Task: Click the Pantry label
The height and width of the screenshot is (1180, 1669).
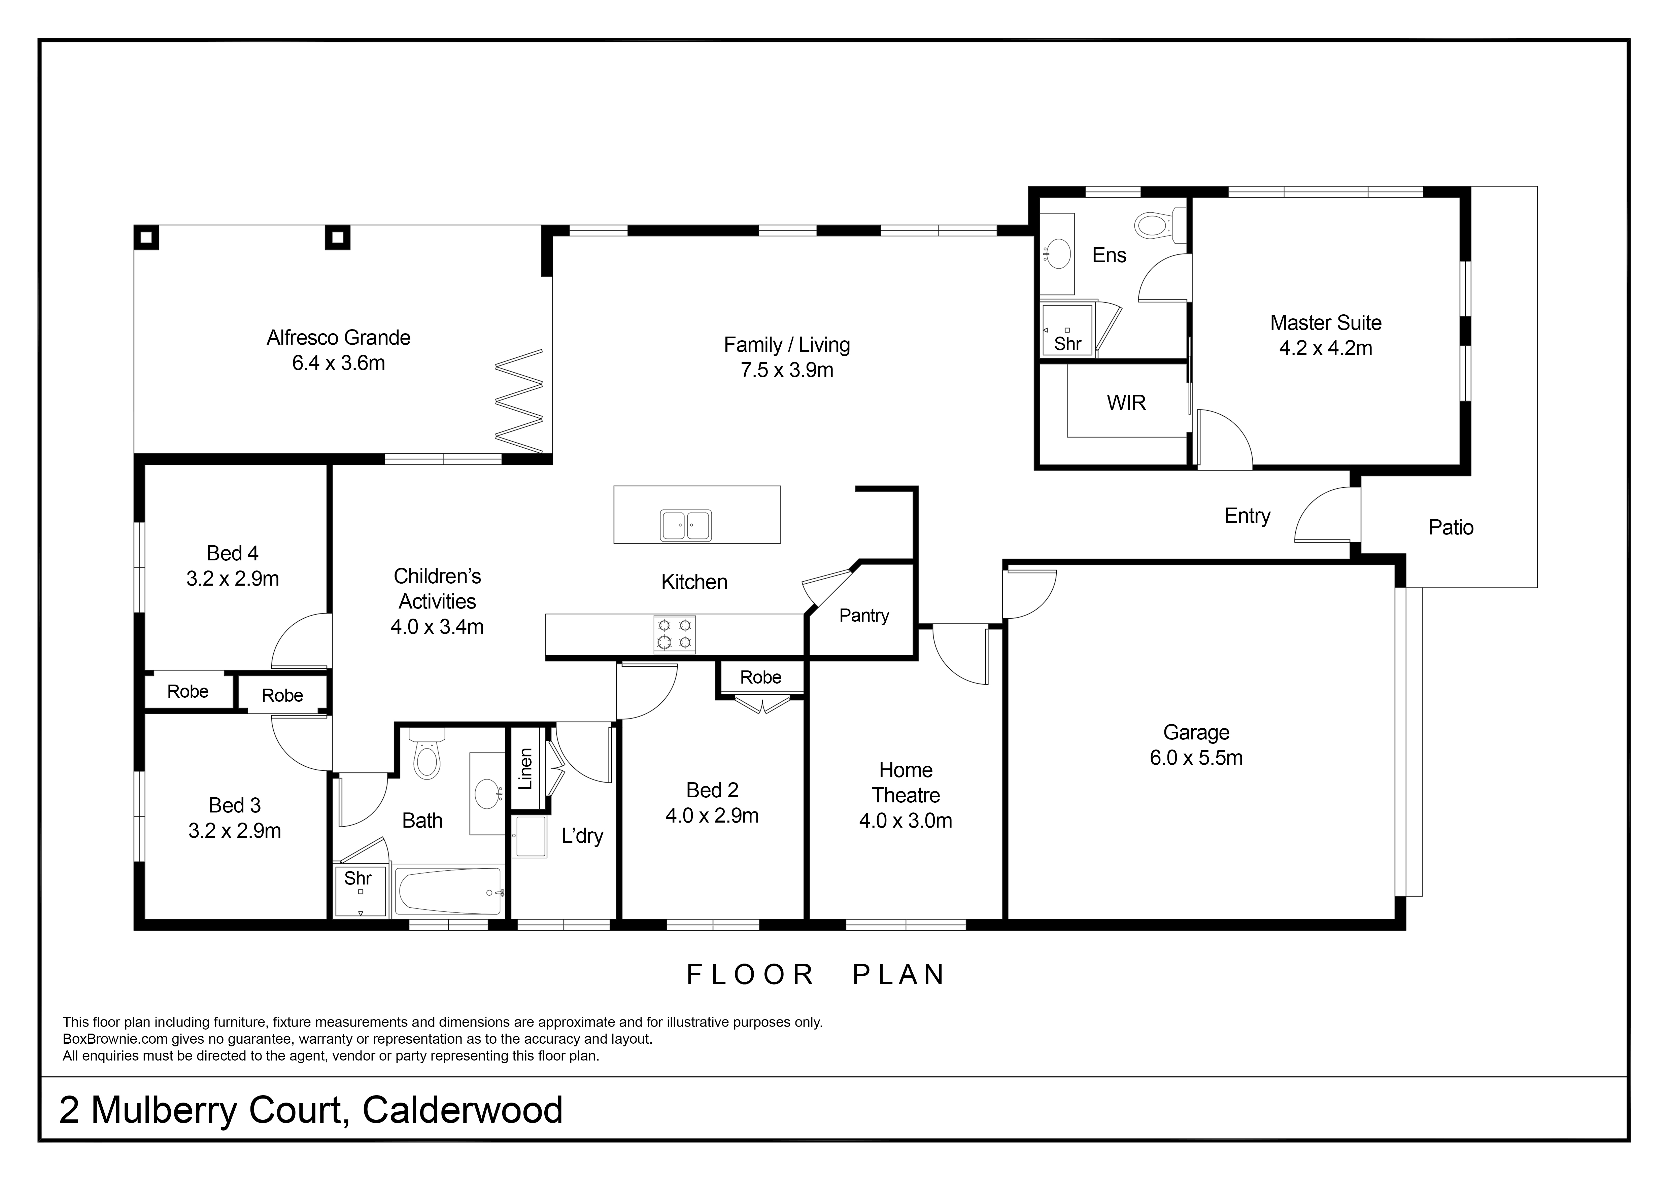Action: coord(863,616)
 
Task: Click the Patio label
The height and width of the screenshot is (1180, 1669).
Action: coord(1451,527)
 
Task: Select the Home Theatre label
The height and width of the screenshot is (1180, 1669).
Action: coord(906,783)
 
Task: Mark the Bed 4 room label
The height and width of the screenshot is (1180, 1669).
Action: coord(233,554)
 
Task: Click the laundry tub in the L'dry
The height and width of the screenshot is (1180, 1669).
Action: coord(529,836)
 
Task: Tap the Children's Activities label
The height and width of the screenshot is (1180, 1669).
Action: coord(437,589)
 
